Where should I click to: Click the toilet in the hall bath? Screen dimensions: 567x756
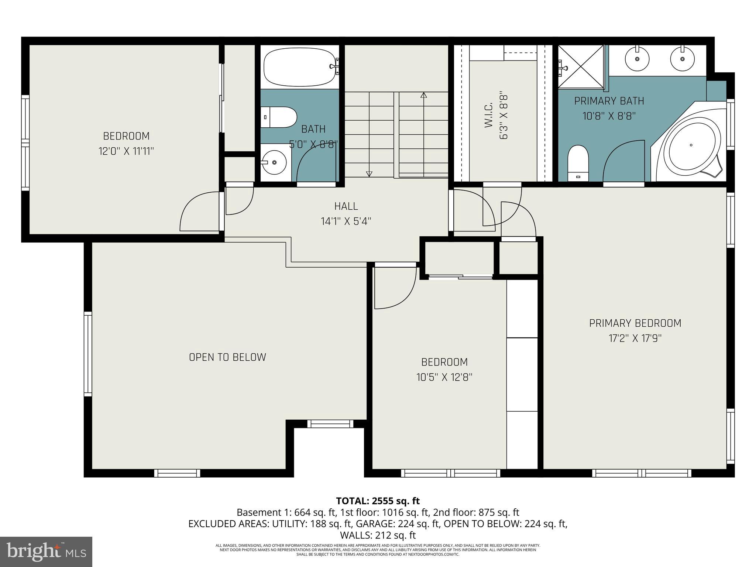point(279,117)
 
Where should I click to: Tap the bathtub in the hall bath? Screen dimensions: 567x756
point(299,67)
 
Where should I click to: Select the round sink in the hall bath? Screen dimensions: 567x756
point(274,162)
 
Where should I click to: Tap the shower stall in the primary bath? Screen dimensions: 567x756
point(581,67)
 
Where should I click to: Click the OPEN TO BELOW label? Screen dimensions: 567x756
point(227,357)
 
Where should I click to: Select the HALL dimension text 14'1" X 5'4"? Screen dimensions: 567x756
point(346,221)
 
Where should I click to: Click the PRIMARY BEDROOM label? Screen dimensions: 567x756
point(635,323)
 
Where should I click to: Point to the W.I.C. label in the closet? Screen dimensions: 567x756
point(489,116)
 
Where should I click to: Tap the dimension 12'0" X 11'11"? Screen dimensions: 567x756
point(126,151)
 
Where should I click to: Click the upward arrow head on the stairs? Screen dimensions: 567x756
point(423,95)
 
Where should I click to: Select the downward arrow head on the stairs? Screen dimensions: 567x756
point(369,174)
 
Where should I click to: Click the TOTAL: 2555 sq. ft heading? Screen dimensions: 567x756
point(378,501)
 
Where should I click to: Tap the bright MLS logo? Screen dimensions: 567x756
point(46,551)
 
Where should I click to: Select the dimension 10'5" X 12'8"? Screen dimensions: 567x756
point(444,377)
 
